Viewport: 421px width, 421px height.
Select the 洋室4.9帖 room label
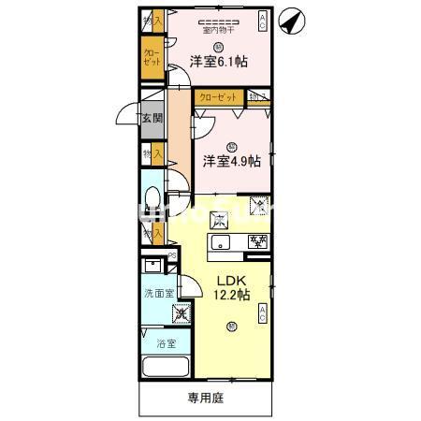coord(230,161)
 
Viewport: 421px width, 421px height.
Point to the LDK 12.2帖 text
coord(231,287)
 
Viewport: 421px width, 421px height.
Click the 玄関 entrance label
coord(152,119)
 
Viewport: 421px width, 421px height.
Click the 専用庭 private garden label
coord(206,397)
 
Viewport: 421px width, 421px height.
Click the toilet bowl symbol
coord(152,198)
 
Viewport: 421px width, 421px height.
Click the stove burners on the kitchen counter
coord(257,242)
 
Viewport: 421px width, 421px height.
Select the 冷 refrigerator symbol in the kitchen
coord(258,207)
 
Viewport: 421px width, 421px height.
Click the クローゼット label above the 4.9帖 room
coord(219,95)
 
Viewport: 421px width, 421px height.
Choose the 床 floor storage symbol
coord(220,222)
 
